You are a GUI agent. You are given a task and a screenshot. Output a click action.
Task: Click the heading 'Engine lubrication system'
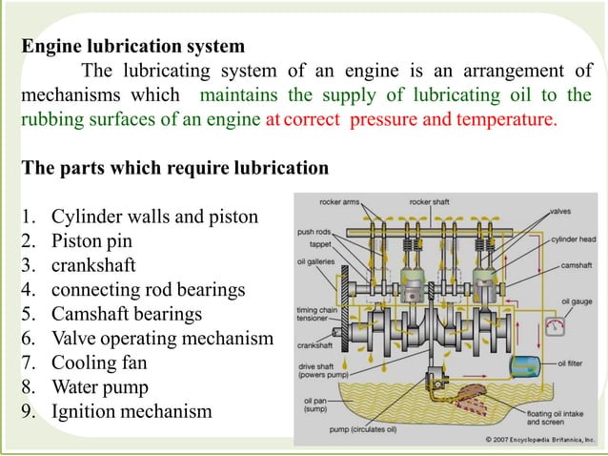[133, 46]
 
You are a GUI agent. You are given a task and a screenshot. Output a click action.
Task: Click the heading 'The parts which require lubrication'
[175, 168]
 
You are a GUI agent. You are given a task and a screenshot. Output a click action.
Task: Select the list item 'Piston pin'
[91, 241]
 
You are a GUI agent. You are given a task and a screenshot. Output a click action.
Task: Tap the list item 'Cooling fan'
[99, 363]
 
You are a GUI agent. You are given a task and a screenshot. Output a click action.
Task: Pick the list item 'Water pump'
[100, 387]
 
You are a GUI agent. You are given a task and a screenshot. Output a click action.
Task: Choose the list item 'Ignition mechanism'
[132, 412]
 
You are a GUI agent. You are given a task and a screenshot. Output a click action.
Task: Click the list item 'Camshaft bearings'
[127, 315]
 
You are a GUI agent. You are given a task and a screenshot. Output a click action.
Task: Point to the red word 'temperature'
[507, 119]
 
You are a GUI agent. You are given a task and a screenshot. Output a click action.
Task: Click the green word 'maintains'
[239, 95]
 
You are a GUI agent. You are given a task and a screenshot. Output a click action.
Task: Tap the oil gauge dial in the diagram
[555, 326]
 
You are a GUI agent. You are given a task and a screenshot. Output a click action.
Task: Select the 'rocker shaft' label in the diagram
[429, 202]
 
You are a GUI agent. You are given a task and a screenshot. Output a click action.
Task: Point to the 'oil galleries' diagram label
[315, 261]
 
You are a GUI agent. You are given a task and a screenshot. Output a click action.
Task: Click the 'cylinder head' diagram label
[574, 239]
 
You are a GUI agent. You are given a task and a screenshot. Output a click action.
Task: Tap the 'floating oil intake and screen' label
[555, 418]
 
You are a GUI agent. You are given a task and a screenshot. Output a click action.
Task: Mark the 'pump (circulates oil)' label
[363, 429]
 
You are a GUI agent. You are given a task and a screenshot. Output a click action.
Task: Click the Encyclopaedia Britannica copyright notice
[539, 440]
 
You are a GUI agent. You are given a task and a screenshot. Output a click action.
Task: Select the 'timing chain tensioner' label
[316, 314]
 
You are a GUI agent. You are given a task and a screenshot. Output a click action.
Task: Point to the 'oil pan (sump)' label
[315, 404]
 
